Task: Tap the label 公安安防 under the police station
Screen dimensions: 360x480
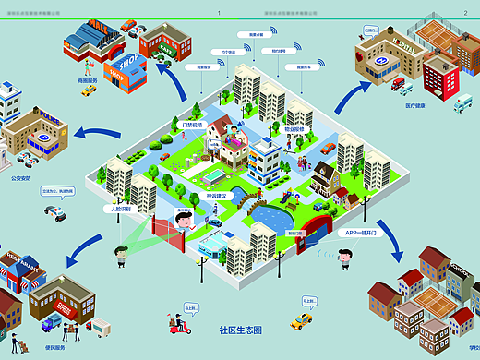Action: click(x=21, y=177)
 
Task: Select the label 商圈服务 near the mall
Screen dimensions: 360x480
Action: click(x=85, y=79)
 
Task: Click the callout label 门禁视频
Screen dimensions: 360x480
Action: click(x=191, y=125)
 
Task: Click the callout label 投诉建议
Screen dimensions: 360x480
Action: click(x=219, y=196)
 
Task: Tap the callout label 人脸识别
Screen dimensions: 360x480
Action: click(x=123, y=209)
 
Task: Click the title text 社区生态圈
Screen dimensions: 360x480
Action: click(x=241, y=329)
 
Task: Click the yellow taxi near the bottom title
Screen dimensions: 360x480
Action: click(x=301, y=321)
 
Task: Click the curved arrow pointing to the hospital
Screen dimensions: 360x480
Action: click(x=346, y=92)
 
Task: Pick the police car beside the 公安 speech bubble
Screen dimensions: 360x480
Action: click(x=55, y=212)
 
